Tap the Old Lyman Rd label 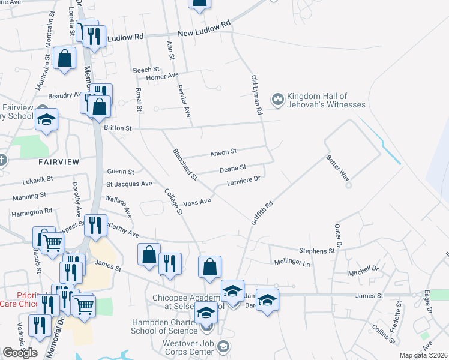point(257,95)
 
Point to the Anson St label point(223,153)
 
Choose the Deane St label point(233,169)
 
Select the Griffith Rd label point(262,212)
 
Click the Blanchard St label point(184,164)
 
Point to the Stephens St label point(317,250)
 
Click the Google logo point(20,352)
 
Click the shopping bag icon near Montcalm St point(64,58)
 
